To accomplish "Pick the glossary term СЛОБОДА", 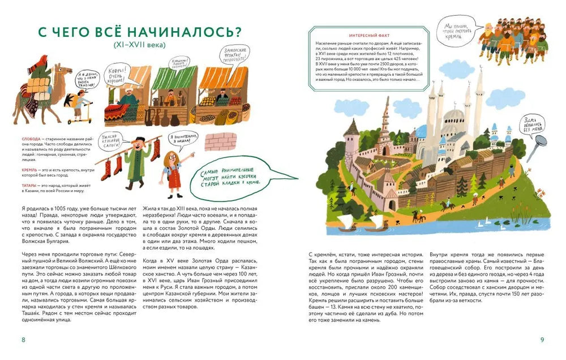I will pos(32,139).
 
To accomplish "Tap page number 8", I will pos(23,340).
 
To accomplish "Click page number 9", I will pos(542,340).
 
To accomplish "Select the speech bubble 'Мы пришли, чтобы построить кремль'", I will pos(457,27).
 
